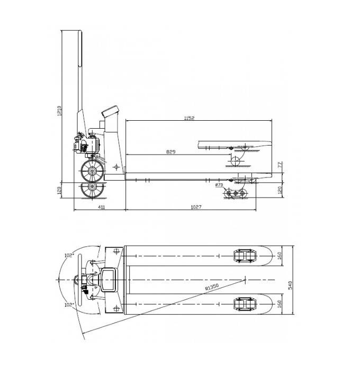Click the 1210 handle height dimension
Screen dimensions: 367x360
click(x=60, y=110)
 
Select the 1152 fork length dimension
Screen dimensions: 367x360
click(x=189, y=118)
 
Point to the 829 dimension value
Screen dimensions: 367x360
click(x=170, y=152)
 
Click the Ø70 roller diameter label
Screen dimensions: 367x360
click(x=219, y=185)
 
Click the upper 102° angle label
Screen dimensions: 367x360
click(x=68, y=255)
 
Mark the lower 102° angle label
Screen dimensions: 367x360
click(x=68, y=305)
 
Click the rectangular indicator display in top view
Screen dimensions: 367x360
click(x=109, y=280)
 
